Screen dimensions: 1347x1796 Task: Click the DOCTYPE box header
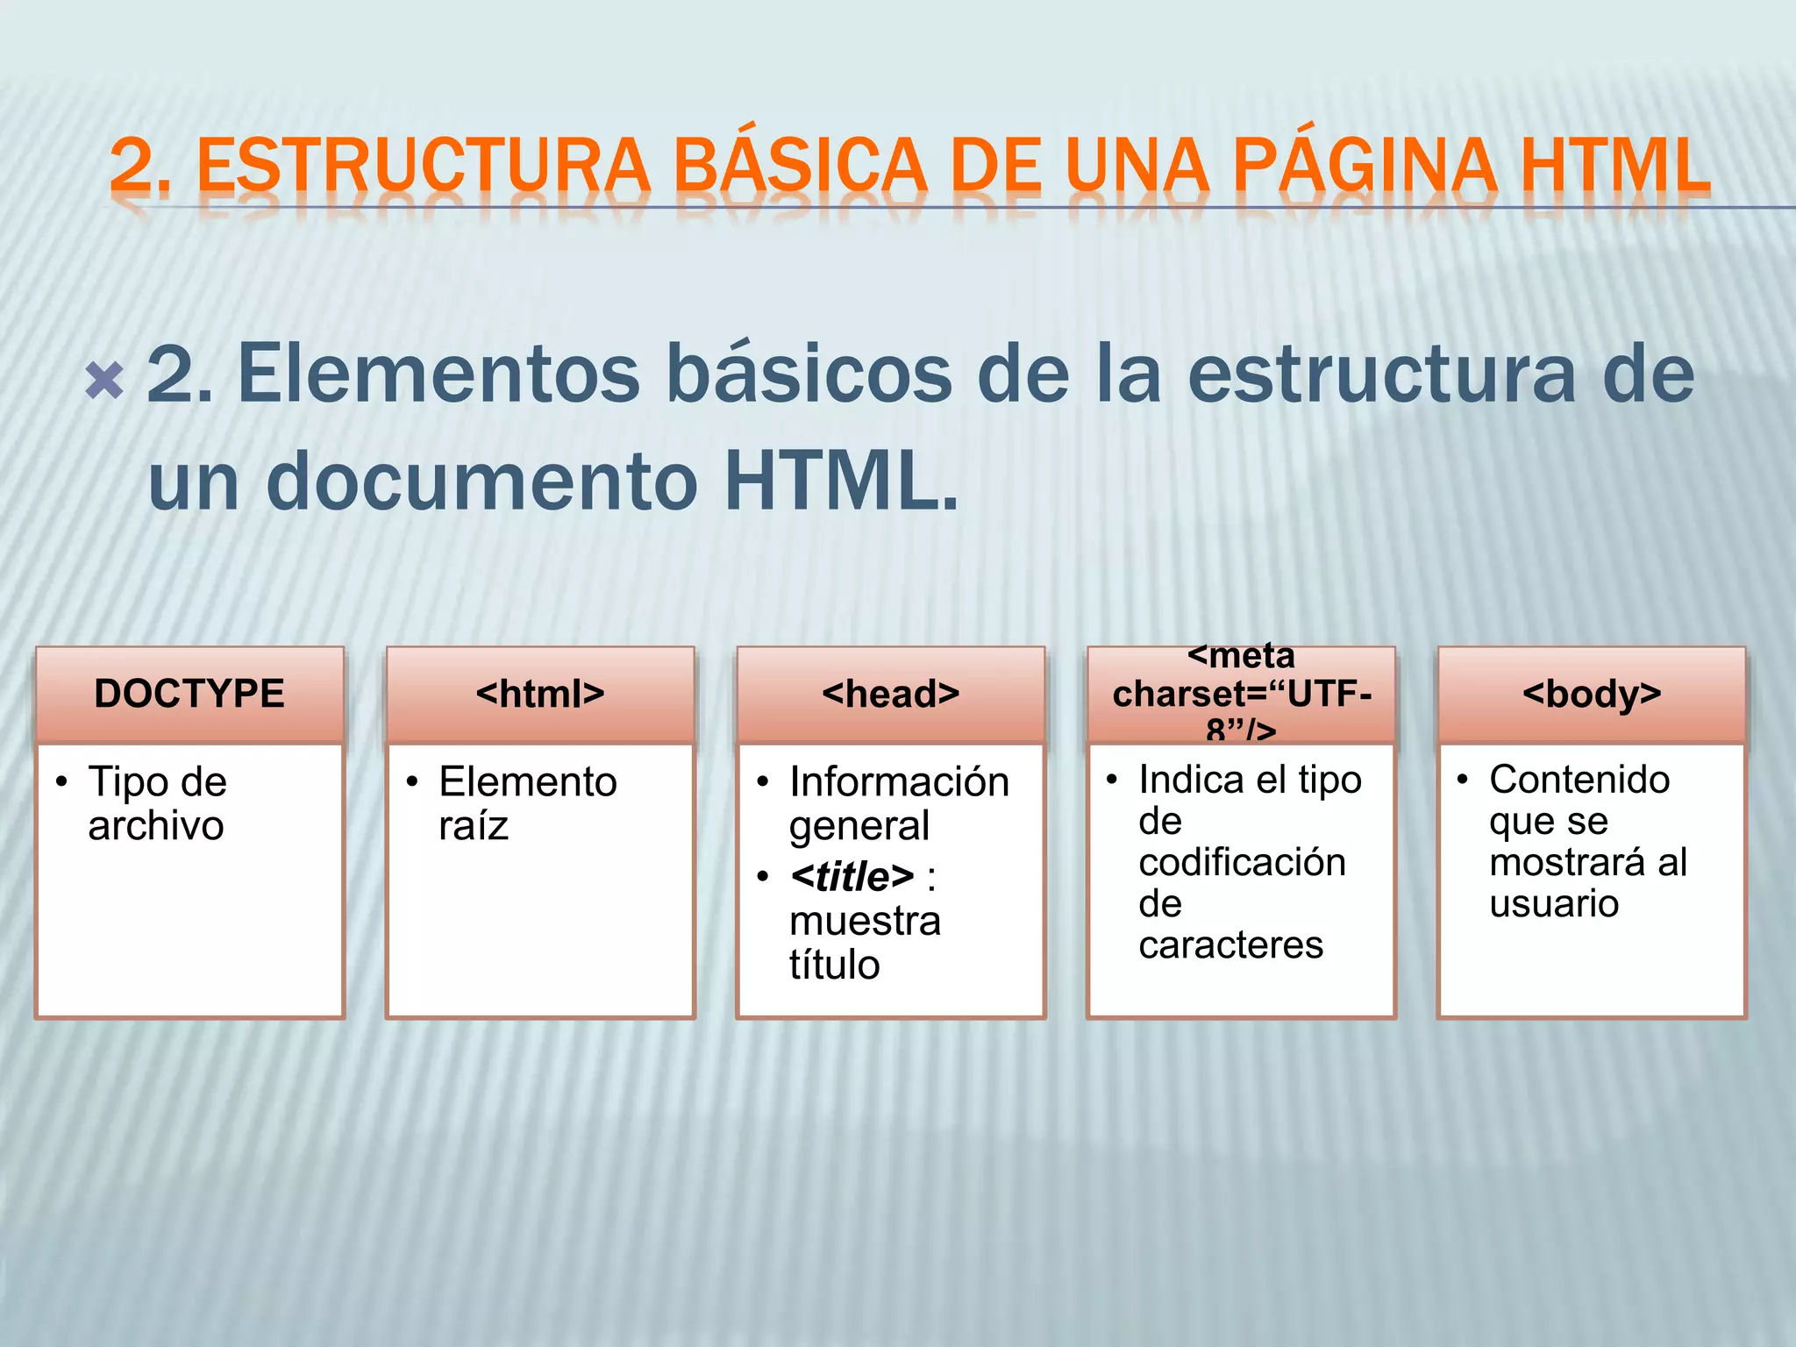pos(189,695)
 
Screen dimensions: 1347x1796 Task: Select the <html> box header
pos(540,695)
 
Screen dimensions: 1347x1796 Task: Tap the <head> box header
pos(891,695)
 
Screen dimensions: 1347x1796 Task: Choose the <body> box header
pos(1592,695)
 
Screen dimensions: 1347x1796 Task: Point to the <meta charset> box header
pos(1241,695)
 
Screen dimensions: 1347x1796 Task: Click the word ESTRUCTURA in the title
pos(424,166)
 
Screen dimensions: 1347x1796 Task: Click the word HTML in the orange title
pos(1614,166)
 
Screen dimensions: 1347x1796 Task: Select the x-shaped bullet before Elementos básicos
pos(104,381)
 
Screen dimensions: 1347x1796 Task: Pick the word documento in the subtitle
pos(482,481)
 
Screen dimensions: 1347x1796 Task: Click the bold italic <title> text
pos(852,877)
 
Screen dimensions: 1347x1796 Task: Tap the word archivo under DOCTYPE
pos(156,826)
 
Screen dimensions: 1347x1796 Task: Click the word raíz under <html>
pos(474,826)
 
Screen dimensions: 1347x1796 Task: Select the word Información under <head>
pos(899,782)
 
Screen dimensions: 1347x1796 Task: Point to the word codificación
pos(1242,863)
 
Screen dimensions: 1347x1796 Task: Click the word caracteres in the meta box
pos(1230,945)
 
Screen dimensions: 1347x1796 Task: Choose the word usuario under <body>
pos(1553,904)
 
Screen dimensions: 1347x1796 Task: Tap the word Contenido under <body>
pos(1579,780)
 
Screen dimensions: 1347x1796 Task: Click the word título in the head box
pos(834,966)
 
